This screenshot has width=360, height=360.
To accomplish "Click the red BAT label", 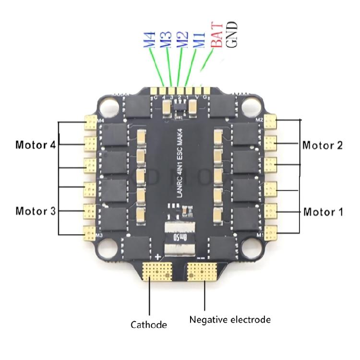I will (216, 36).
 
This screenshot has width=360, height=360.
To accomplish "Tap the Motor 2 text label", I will (323, 144).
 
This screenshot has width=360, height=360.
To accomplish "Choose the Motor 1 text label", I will (323, 211).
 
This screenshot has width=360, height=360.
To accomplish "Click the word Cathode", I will (149, 324).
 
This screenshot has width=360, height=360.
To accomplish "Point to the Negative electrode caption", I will (230, 319).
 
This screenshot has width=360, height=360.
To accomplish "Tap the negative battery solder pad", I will (202, 273).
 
